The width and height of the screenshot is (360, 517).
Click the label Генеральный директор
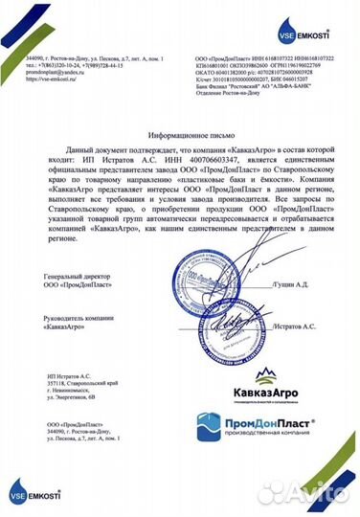pyautogui.click(x=71, y=274)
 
